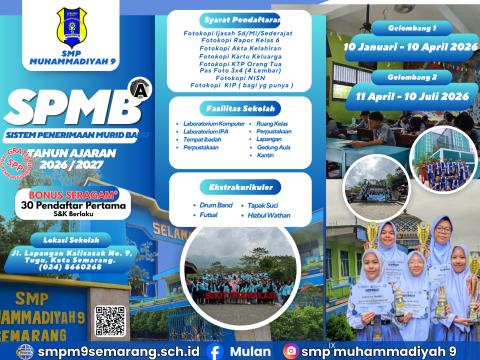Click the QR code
pyautogui.click(x=111, y=320)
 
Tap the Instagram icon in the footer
pyautogui.click(x=291, y=351)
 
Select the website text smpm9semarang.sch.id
pyautogui.click(x=113, y=352)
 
